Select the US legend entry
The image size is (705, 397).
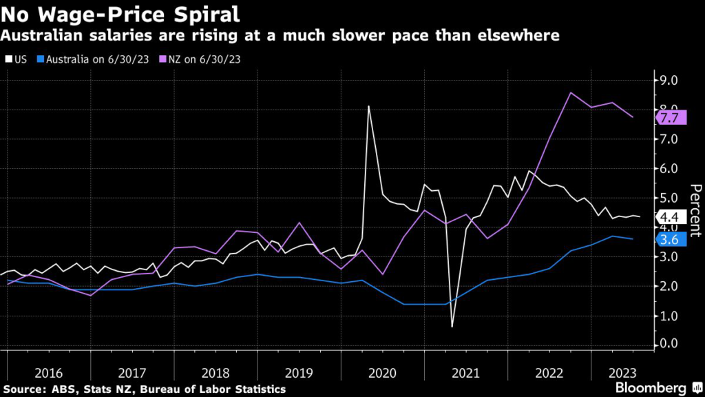click(17, 59)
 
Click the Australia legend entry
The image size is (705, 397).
click(92, 59)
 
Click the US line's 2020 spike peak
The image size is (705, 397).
click(368, 106)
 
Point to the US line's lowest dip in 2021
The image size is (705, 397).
click(452, 326)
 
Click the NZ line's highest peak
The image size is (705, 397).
click(571, 92)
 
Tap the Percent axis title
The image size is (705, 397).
click(695, 211)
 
